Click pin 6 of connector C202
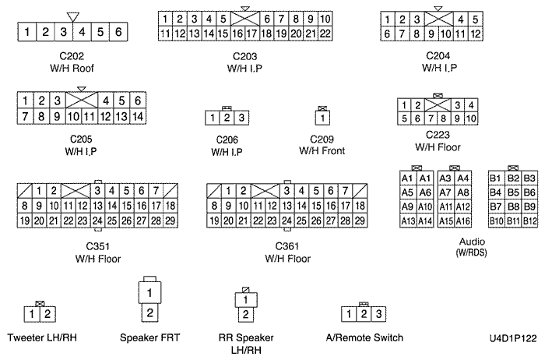coord(117,32)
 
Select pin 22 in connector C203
coord(326,33)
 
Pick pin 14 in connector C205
coord(137,116)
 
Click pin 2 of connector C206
coord(227,118)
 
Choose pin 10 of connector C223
coord(471,118)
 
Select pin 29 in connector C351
coord(169,221)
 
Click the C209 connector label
coord(321,139)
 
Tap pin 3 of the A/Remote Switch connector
coord(378,313)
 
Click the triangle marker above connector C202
coord(73,16)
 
